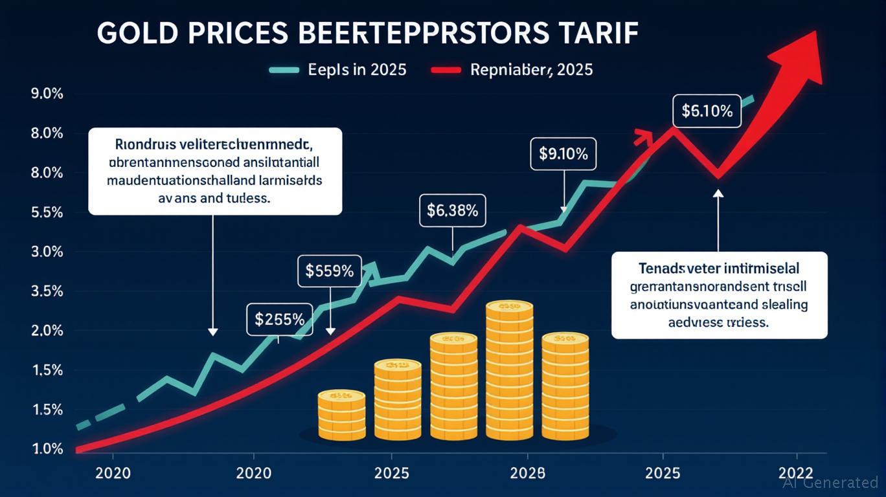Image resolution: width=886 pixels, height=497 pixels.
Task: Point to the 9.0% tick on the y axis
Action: point(47,94)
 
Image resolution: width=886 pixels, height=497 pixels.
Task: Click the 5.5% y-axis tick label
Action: point(47,212)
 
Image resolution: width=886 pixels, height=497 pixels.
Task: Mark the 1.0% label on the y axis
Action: point(47,449)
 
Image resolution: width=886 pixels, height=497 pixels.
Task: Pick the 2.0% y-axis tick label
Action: point(47,331)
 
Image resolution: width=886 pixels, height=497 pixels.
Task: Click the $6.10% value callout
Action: point(707,111)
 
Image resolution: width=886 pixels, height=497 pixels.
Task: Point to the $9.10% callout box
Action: point(563,154)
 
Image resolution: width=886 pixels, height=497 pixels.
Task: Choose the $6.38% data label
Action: point(453,210)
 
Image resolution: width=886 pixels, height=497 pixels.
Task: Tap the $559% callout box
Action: point(329,271)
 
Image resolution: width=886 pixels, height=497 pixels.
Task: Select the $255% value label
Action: point(280,319)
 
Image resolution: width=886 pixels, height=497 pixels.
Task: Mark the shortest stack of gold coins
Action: point(341,414)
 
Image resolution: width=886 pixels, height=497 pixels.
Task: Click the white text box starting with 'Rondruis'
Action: point(214,171)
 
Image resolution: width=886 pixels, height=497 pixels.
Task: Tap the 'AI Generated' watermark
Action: point(830,482)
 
